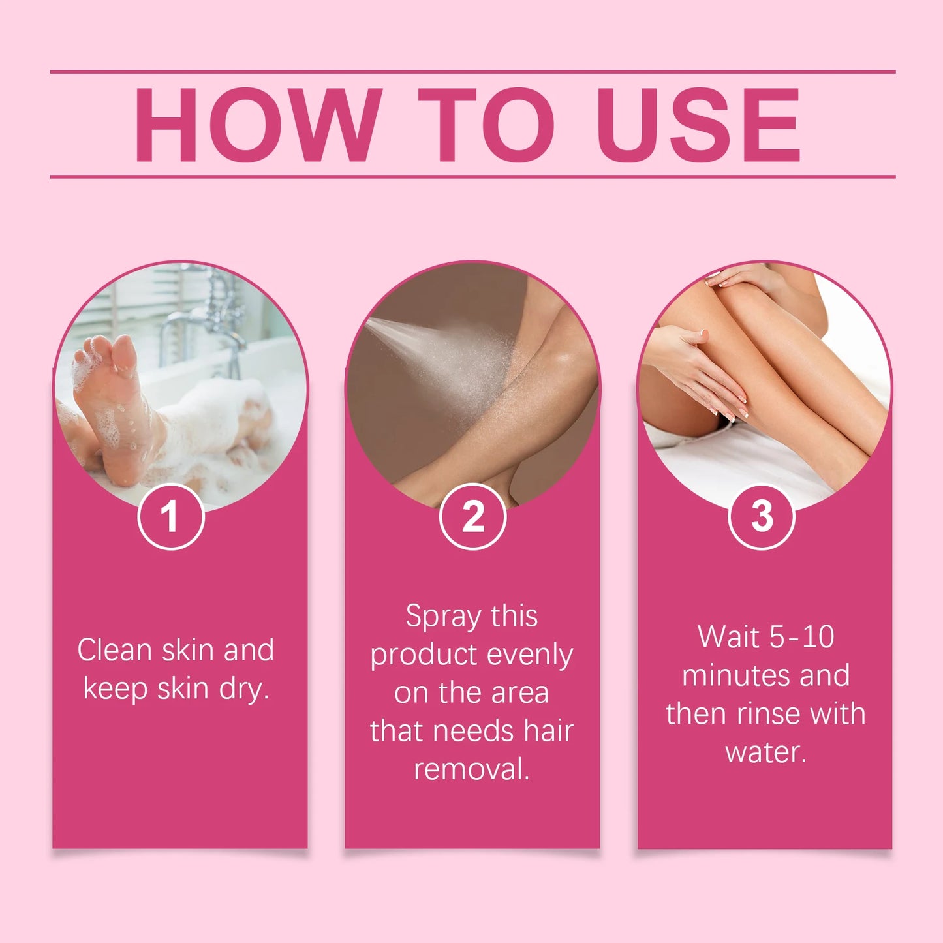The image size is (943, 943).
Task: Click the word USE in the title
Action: point(698,125)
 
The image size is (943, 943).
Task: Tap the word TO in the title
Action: point(486,125)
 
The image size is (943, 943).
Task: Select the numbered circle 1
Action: point(171,516)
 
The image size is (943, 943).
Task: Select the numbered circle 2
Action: point(472,516)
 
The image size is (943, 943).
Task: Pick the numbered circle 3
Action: point(762,516)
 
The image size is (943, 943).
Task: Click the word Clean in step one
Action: point(114,650)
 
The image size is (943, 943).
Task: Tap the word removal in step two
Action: point(471,769)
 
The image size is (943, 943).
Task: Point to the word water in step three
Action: point(765,752)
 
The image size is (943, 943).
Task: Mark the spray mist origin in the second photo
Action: point(369,321)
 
